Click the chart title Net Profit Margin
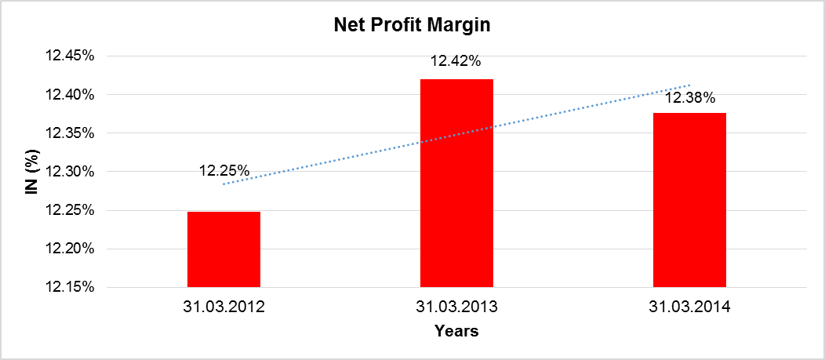click(412, 25)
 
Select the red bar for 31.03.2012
click(224, 249)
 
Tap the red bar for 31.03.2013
click(456, 183)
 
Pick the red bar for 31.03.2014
click(689, 200)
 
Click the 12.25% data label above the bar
click(224, 171)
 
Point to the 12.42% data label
click(456, 60)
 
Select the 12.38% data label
click(690, 99)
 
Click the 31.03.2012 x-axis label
click(224, 307)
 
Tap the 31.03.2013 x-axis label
click(456, 307)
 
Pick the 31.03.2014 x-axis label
click(690, 307)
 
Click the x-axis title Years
click(456, 332)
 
